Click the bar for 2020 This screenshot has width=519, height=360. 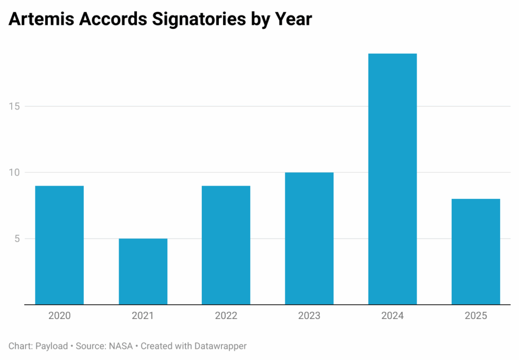59,245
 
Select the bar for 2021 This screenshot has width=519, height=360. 143,271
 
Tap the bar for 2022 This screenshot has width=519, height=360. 226,245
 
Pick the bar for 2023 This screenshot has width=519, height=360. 309,238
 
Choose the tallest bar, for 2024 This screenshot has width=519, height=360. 392,179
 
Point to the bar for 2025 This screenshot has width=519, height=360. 475,251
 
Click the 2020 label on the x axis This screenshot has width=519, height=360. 59,316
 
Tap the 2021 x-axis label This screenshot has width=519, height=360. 143,316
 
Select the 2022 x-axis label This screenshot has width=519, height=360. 226,316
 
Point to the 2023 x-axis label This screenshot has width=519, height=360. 309,316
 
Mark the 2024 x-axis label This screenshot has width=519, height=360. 392,316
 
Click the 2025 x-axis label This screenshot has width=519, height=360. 475,316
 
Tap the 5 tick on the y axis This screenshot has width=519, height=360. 17,238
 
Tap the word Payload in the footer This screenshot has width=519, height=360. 51,346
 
